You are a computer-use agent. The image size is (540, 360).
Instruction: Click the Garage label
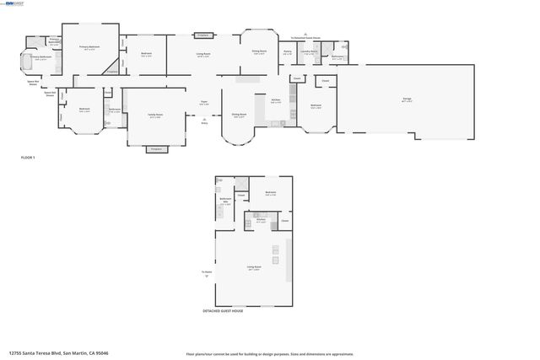407,99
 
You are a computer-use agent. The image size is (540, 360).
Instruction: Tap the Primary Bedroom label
90,47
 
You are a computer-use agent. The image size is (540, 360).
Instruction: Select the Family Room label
155,116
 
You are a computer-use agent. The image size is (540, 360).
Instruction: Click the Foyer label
203,103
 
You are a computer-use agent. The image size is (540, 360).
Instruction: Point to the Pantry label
288,52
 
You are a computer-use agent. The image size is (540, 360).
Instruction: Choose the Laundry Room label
310,52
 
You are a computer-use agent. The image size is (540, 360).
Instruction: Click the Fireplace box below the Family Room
155,149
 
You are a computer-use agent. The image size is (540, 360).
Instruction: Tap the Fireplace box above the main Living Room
203,35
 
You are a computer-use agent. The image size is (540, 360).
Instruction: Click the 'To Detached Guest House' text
306,38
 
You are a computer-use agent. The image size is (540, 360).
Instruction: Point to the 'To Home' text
206,271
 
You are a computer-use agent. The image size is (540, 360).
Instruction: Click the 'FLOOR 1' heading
28,158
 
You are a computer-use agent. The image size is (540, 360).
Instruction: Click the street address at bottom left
58,353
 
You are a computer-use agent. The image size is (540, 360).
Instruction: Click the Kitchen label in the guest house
262,222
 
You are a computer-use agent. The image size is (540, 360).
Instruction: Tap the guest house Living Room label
253,268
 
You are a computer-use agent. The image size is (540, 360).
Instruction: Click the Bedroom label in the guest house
271,193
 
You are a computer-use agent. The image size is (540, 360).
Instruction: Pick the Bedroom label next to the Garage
315,106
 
